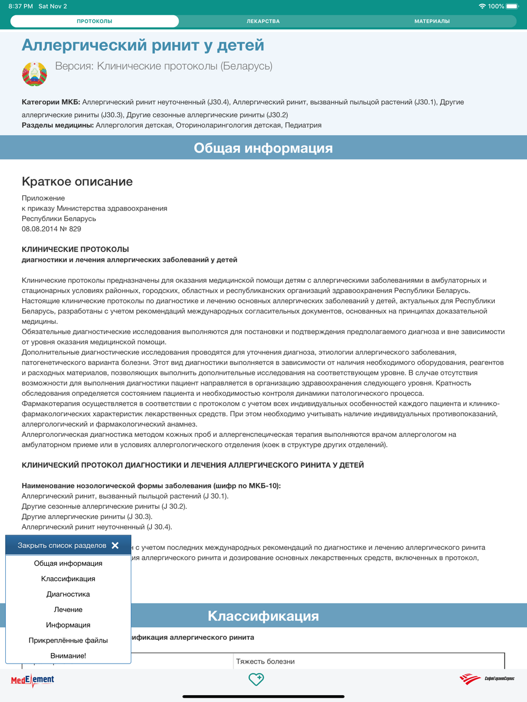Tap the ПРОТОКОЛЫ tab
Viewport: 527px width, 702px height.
(95, 21)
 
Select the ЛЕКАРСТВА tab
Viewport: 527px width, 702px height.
(263, 21)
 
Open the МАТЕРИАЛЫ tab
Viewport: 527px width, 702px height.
(432, 21)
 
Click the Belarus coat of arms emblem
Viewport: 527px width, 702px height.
(35, 74)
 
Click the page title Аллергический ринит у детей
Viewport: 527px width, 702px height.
(143, 45)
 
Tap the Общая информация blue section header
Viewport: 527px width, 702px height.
(263, 148)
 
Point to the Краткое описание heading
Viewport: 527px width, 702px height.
(77, 182)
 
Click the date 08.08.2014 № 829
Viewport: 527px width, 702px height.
(51, 229)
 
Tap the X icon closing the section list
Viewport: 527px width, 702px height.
(115, 545)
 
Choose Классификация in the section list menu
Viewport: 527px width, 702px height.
(68, 579)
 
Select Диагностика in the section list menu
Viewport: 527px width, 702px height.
(68, 594)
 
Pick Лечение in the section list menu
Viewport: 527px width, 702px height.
(68, 609)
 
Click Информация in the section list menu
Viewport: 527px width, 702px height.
(68, 625)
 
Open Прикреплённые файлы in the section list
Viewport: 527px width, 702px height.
(68, 640)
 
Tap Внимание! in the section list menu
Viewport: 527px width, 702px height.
(68, 656)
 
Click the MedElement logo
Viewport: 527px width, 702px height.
(33, 680)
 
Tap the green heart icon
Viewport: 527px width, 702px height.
(256, 679)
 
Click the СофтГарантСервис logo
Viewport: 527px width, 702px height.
(486, 679)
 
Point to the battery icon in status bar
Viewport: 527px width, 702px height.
(512, 6)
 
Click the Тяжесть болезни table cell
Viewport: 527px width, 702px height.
(265, 661)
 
